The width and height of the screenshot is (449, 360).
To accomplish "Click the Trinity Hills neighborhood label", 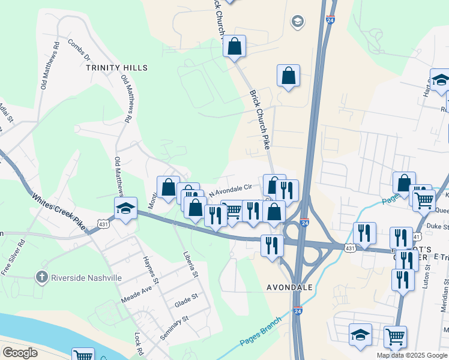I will pyautogui.click(x=116, y=68).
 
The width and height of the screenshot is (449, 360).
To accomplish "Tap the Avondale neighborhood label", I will pyautogui.click(x=289, y=287).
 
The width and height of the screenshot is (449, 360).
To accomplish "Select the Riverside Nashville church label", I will pyautogui.click(x=78, y=278).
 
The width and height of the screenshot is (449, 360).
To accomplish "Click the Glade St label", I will pyautogui.click(x=186, y=298).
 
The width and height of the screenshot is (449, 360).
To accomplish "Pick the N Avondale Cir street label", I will pyautogui.click(x=230, y=188).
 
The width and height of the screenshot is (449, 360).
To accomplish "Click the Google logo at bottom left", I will pyautogui.click(x=20, y=352).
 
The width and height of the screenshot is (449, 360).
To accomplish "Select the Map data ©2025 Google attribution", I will pyautogui.click(x=412, y=355).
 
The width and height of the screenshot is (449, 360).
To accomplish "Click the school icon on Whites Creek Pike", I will pyautogui.click(x=125, y=208).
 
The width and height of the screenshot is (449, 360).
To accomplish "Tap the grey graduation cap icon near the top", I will pyautogui.click(x=297, y=22).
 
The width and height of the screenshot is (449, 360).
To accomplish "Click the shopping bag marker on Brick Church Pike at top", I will pyautogui.click(x=234, y=46).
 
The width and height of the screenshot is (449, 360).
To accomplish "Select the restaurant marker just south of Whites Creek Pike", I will pyautogui.click(x=272, y=245).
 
